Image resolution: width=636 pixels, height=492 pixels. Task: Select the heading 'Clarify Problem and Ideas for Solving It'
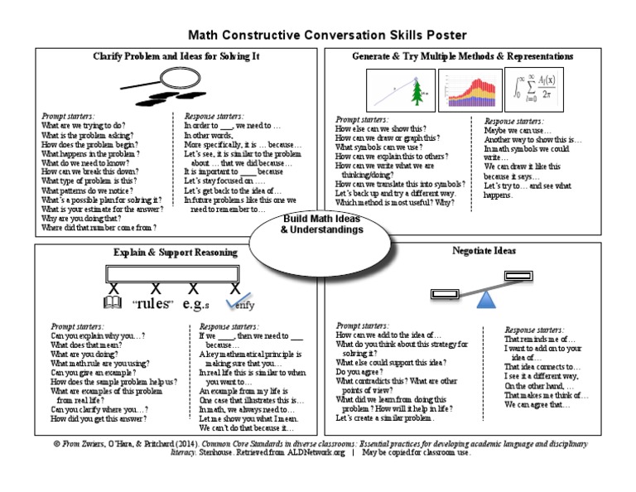[x=175, y=56]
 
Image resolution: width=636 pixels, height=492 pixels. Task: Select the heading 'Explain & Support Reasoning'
[x=175, y=251]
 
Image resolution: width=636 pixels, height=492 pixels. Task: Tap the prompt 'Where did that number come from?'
[x=99, y=226]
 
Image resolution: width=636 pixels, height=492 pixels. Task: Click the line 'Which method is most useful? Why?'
[x=394, y=202]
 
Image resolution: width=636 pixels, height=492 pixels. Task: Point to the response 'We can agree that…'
[x=537, y=405]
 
